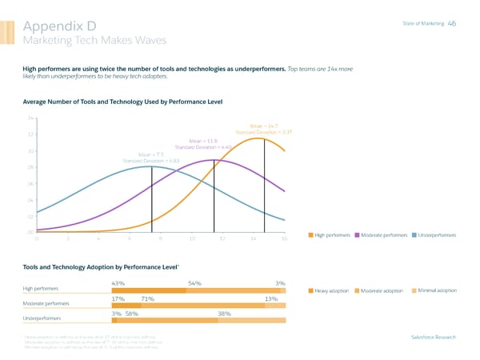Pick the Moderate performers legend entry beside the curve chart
click(x=382, y=234)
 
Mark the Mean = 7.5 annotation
click(x=151, y=154)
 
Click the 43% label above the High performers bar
click(x=120, y=282)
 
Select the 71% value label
click(x=147, y=298)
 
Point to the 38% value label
click(x=225, y=314)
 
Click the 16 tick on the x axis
click(x=285, y=239)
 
